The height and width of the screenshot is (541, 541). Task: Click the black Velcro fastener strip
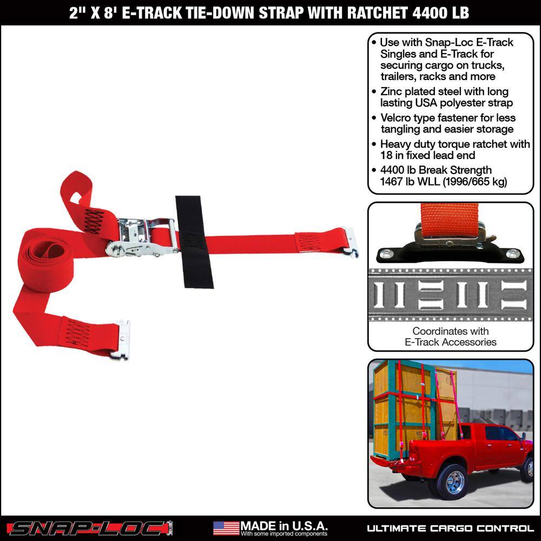coord(194,242)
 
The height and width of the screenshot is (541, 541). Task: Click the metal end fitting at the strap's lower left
coord(121,340)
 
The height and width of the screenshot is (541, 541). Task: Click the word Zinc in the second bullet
coord(391,92)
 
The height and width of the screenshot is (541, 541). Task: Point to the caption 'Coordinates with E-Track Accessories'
coord(451,337)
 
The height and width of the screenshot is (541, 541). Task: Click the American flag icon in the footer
coord(226,528)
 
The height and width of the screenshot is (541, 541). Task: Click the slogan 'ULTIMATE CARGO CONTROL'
coord(450,528)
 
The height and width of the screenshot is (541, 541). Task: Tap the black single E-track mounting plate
coord(450,253)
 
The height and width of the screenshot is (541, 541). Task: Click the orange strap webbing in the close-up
coord(450,220)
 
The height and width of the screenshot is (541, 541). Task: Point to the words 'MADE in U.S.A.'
coord(283,526)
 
